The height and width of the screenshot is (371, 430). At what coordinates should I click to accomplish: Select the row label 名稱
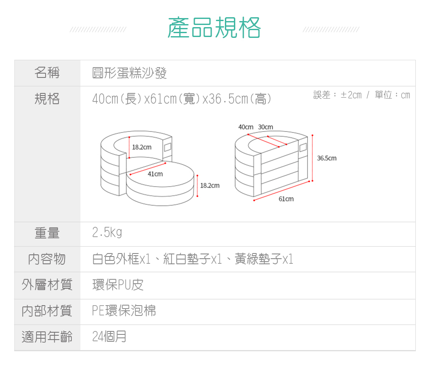tap(47, 73)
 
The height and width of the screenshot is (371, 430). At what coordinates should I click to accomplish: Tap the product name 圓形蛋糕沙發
tap(129, 73)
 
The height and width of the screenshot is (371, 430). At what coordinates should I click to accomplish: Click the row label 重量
tap(47, 233)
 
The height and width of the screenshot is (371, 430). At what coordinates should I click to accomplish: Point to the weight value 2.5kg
tap(107, 233)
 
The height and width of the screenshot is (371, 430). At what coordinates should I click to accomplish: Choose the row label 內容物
tap(47, 259)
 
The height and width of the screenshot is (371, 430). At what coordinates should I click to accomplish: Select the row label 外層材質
tap(47, 284)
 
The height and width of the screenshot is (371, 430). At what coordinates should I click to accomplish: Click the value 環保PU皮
tap(118, 284)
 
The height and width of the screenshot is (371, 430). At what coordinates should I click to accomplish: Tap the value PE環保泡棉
tap(124, 310)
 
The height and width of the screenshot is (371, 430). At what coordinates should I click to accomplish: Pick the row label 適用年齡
tap(47, 336)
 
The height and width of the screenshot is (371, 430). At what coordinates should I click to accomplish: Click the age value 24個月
tap(109, 336)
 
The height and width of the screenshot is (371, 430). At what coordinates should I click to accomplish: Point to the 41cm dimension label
tap(155, 174)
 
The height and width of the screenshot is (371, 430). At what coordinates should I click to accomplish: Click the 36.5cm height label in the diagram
tap(327, 158)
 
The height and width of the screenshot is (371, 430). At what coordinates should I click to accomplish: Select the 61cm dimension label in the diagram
tap(286, 199)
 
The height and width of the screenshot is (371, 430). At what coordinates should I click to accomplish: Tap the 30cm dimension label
tap(266, 127)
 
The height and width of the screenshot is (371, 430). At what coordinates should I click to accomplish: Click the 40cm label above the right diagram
tap(246, 127)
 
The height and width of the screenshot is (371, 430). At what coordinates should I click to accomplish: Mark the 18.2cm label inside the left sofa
tap(141, 147)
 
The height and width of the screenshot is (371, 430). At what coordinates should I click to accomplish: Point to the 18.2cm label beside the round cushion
tap(210, 185)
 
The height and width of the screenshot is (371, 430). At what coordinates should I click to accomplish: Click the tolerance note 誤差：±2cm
tap(338, 95)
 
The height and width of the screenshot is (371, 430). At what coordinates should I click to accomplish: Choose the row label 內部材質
tap(47, 310)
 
